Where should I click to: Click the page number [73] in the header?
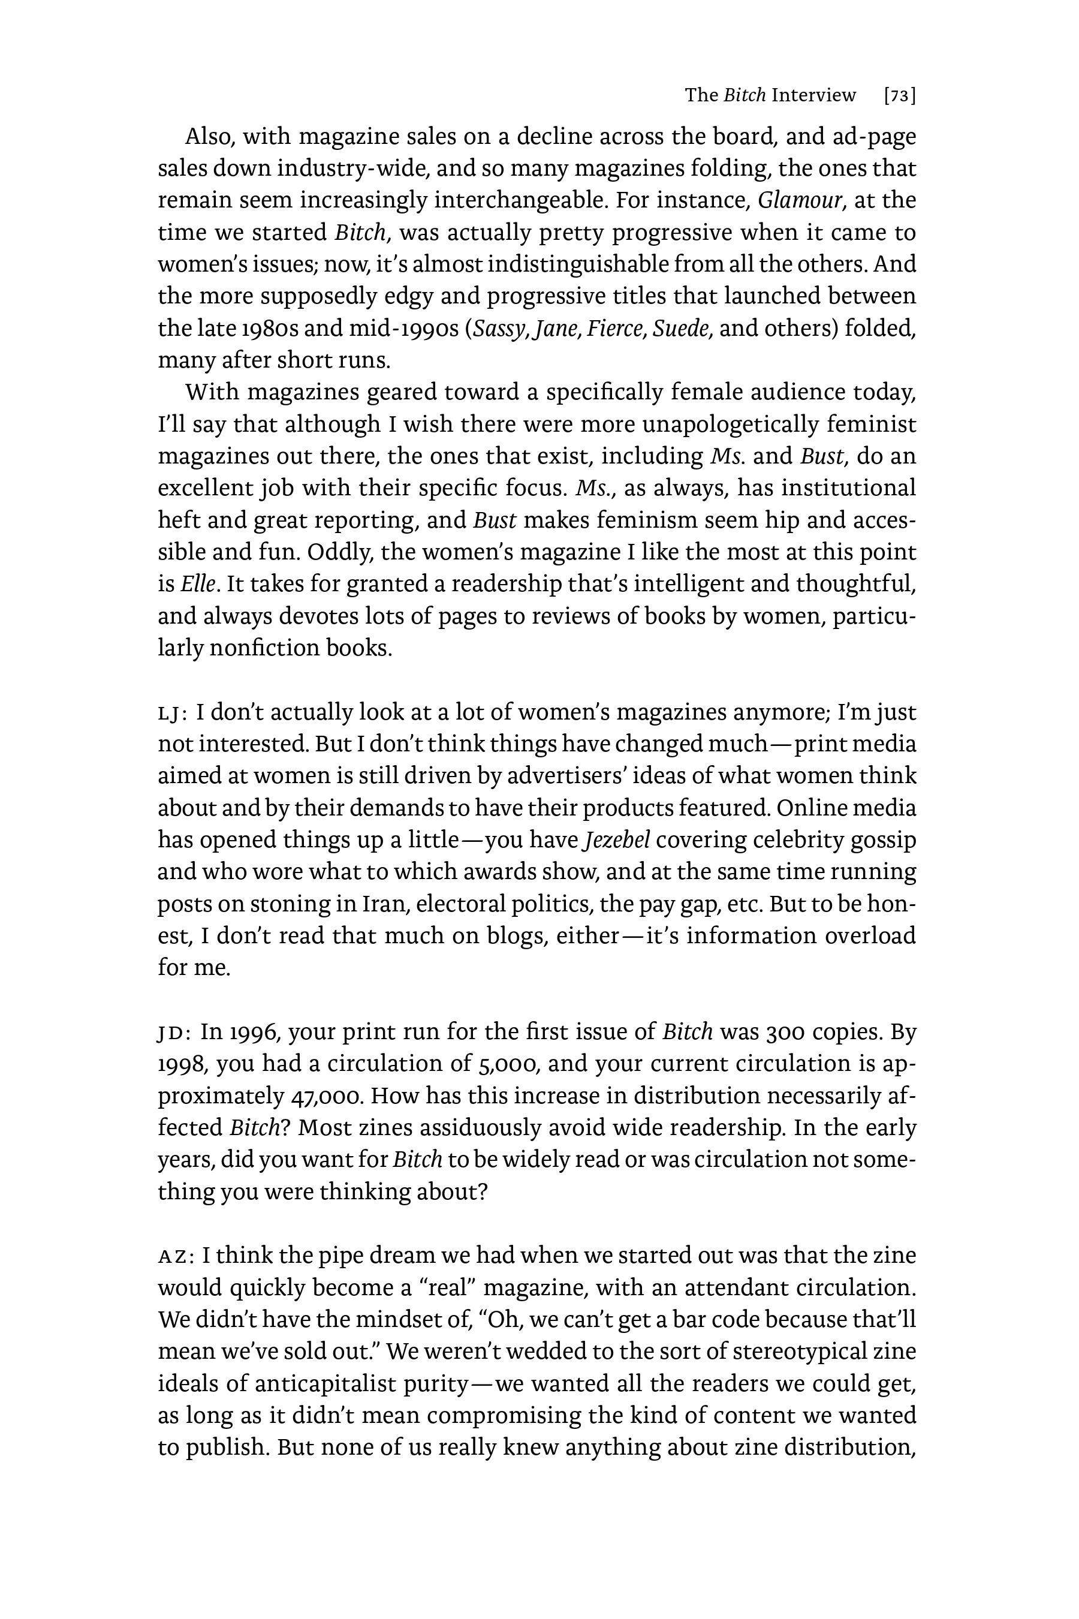(x=899, y=96)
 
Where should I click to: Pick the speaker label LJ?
(x=173, y=713)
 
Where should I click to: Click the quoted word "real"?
(x=450, y=1288)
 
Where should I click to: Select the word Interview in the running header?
(x=813, y=96)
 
